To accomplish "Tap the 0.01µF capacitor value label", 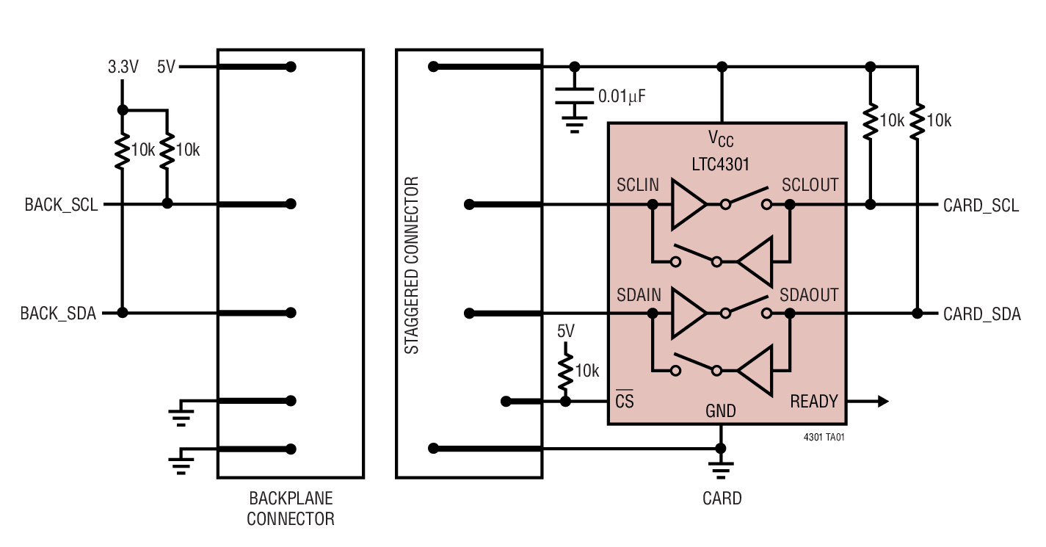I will pos(622,95).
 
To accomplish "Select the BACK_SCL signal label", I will pos(61,205).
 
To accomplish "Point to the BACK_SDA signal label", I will pos(58,314).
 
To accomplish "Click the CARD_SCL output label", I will pos(981,206).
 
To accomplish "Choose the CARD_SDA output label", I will pos(981,314).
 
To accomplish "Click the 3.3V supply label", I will pos(123,68).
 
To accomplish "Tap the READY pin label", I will pos(813,402).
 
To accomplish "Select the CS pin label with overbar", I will pos(624,401).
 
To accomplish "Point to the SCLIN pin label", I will pos(638,186).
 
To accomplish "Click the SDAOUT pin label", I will pos(808,295).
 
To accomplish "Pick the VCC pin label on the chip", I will pos(720,138).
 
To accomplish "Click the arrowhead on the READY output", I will pos(883,402).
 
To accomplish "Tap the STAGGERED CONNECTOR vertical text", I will pos(413,265).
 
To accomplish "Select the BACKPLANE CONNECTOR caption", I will pos(290,509).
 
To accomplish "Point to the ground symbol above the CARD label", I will pos(721,470).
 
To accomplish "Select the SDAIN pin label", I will pos(639,295).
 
